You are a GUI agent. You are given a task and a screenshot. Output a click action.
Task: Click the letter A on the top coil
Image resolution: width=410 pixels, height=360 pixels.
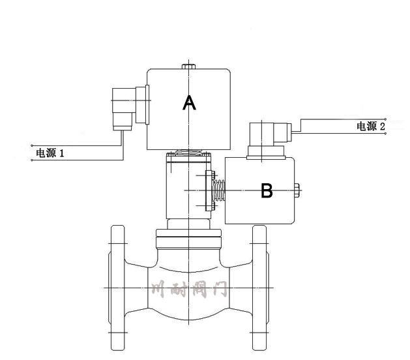point(188,102)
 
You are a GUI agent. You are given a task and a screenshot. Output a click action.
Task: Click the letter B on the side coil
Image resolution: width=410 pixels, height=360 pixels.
point(267,190)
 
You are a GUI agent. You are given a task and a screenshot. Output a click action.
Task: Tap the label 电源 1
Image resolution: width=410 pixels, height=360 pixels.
point(50,154)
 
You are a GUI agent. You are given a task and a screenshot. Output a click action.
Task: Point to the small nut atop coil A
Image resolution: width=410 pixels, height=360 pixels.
point(188,65)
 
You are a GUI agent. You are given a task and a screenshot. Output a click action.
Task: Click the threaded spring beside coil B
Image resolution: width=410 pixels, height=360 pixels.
point(220,190)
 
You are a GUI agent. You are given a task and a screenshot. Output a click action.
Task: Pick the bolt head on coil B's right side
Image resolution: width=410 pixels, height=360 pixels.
point(297,190)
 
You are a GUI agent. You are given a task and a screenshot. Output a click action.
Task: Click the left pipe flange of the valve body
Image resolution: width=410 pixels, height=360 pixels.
point(117,287)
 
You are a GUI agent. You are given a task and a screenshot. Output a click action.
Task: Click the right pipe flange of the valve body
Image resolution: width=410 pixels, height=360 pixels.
point(259,287)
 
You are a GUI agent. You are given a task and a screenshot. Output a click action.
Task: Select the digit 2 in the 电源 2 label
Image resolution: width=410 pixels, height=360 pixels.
point(383,127)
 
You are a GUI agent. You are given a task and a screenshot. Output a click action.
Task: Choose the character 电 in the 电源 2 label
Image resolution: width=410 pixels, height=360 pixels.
point(360,127)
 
